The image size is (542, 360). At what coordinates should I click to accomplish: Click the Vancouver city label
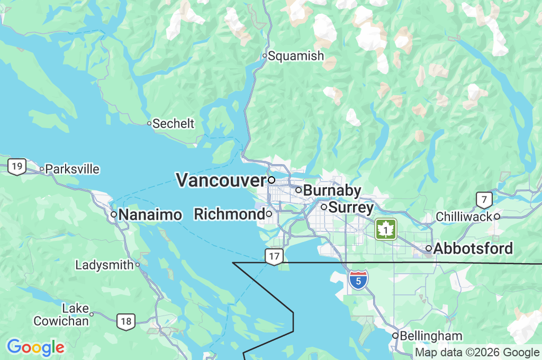click(220, 180)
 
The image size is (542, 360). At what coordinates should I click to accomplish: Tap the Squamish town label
click(295, 56)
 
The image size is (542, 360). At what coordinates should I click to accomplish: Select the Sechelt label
click(173, 124)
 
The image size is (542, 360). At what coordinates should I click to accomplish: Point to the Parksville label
click(72, 169)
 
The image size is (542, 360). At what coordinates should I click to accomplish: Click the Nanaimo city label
click(150, 214)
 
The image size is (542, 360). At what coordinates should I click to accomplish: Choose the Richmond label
click(229, 214)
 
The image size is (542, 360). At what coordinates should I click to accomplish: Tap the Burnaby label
click(332, 190)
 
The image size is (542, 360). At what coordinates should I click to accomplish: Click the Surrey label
click(351, 207)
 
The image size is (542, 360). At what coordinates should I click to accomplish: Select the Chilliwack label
click(464, 217)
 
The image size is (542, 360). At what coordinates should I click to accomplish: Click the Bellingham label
click(430, 336)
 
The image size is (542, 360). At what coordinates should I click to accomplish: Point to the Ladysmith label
click(104, 265)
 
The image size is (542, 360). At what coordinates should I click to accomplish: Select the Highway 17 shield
click(274, 257)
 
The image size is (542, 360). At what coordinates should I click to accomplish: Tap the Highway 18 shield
click(126, 321)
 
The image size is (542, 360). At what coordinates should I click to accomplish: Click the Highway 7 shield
click(484, 200)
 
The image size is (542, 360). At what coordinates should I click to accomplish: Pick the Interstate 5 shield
click(358, 280)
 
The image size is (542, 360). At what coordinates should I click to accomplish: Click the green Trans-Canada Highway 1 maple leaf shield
click(386, 229)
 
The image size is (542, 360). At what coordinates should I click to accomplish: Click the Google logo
click(35, 347)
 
